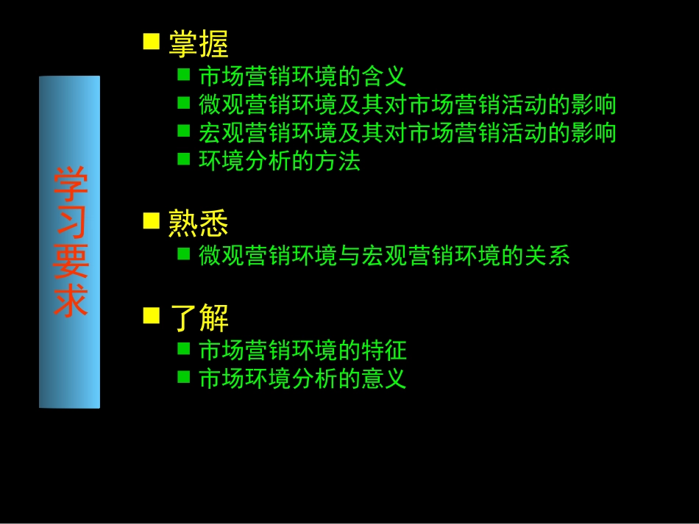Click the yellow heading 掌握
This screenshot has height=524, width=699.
[x=199, y=44]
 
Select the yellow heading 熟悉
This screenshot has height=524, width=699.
[x=199, y=223]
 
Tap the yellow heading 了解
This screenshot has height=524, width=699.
[x=199, y=318]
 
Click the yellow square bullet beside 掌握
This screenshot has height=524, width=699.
[x=152, y=41]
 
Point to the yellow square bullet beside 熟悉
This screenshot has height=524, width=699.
[x=152, y=220]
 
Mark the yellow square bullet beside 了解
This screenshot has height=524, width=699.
[x=152, y=316]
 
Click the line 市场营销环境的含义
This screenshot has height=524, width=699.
[x=302, y=76]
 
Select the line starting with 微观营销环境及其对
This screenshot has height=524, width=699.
[x=408, y=105]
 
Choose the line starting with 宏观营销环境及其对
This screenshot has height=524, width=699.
[x=408, y=133]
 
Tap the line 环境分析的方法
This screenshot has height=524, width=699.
[x=280, y=161]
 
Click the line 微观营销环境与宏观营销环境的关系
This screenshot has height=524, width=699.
[x=384, y=256]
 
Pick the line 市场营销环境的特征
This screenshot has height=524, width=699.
[x=302, y=350]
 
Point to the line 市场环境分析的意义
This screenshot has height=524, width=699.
[x=302, y=378]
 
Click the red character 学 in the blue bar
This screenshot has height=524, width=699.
[x=70, y=184]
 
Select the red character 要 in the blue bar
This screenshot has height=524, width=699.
[x=70, y=262]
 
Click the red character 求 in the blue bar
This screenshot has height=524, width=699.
[x=70, y=301]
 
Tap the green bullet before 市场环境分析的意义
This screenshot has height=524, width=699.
[x=184, y=376]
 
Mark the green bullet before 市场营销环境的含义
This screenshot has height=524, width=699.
[x=184, y=73]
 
